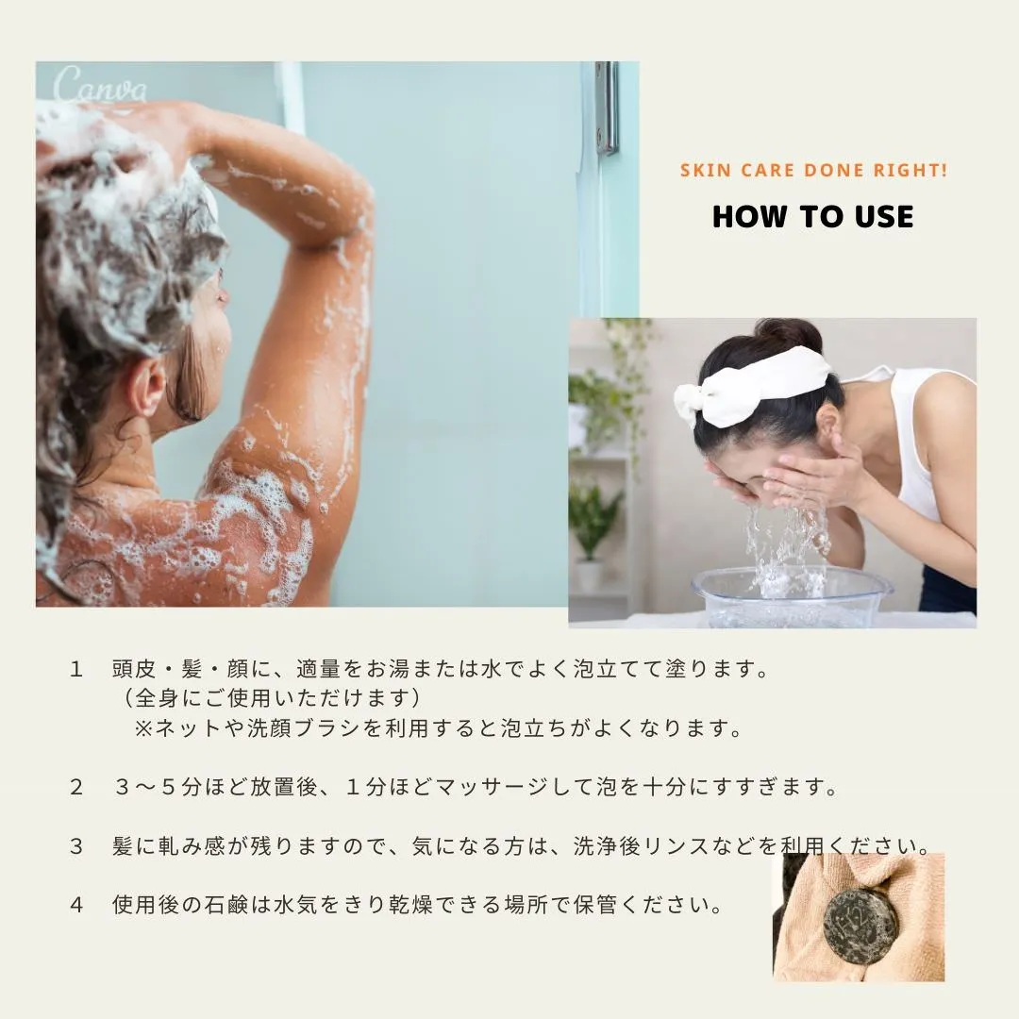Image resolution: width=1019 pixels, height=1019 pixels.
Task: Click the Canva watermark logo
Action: tap(100, 86)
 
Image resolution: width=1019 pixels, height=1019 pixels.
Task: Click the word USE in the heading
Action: tap(884, 216)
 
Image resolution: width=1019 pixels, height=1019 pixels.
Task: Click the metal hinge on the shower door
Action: tap(606, 108)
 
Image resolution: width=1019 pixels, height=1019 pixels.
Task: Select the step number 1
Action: tap(76, 669)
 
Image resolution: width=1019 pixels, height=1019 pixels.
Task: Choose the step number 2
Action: tap(76, 787)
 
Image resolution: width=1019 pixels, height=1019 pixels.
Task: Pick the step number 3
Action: tap(76, 846)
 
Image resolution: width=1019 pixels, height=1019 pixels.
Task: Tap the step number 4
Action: tap(76, 905)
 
